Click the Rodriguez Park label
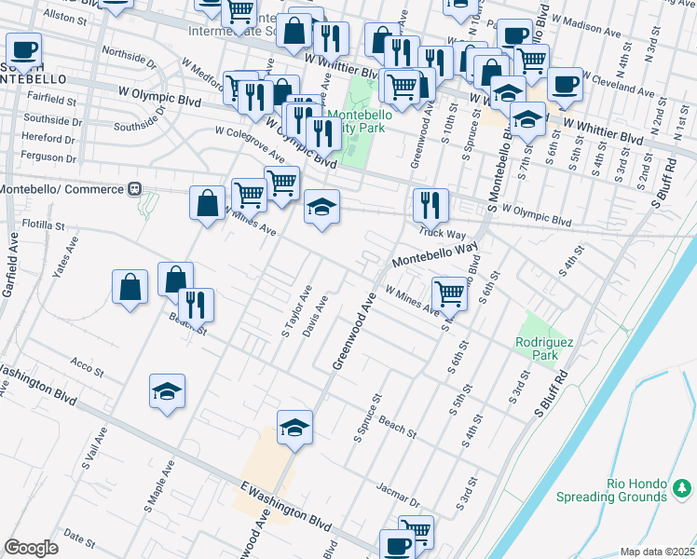pos(537,348)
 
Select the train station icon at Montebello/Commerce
pos(135,189)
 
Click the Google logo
pos(31,548)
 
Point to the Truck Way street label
pos(442,234)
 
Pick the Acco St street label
pos(87,365)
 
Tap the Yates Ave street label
pos(62,266)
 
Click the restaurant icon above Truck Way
pos(430,204)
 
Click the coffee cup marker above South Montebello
pos(23,49)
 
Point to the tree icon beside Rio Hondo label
pos(683,487)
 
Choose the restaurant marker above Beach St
pos(197,305)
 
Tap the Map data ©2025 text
pos(658,552)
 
